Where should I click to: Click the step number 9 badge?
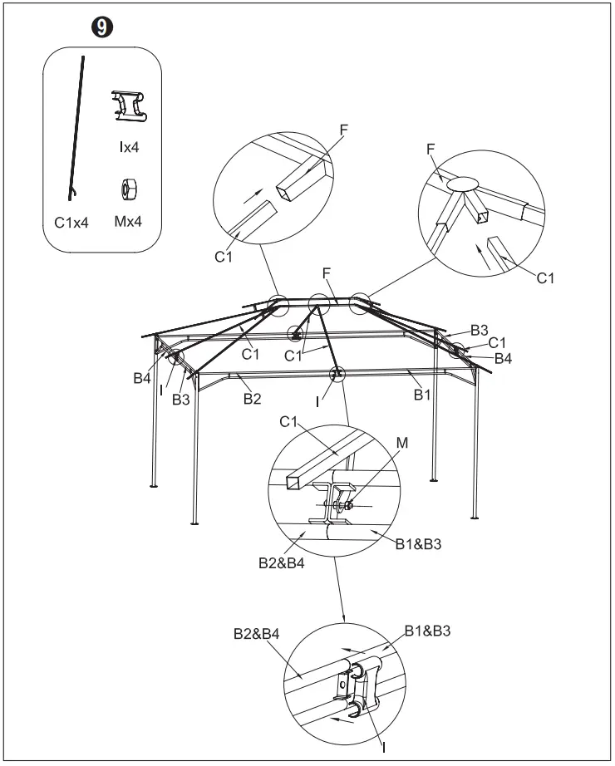tap(101, 27)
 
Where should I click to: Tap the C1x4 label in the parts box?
tap(71, 222)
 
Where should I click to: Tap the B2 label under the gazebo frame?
tap(253, 399)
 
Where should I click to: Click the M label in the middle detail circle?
tap(402, 444)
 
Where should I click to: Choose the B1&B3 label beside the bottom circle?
tap(428, 631)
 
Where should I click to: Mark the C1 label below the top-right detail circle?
tap(545, 277)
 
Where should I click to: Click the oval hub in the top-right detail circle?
tap(465, 183)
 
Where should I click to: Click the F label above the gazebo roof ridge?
tap(327, 273)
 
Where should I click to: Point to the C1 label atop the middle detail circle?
tap(289, 423)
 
